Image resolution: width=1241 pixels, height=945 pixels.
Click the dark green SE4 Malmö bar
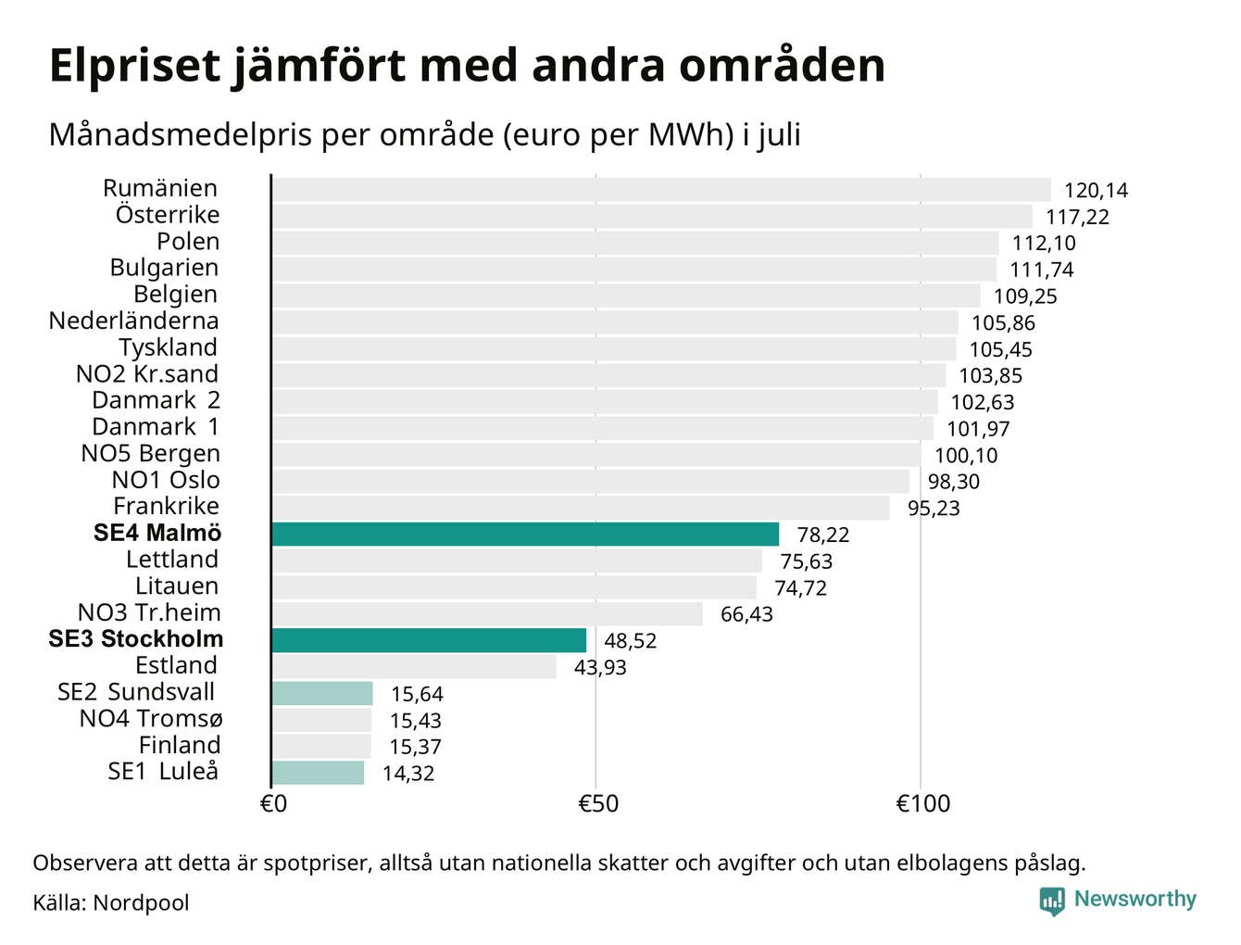[x=525, y=534]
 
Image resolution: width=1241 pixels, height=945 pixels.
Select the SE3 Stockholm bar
[x=429, y=640]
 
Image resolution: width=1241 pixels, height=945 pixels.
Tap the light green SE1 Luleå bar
[x=318, y=773]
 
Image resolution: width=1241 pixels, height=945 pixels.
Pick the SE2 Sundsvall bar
[x=322, y=693]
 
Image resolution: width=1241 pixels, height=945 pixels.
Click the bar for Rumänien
[x=661, y=189]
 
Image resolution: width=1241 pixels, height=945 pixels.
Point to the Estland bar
[x=414, y=667]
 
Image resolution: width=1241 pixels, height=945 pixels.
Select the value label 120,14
[x=1096, y=191]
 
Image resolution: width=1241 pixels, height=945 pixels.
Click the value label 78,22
[x=822, y=535]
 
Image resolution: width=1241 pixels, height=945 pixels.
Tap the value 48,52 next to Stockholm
[x=630, y=641]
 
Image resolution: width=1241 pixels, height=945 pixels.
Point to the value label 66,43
[x=746, y=614]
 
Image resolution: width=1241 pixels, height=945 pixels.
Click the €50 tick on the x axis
[x=597, y=803]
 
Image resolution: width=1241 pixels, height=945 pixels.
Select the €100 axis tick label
[x=923, y=803]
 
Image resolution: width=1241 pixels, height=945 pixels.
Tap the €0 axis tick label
[x=273, y=803]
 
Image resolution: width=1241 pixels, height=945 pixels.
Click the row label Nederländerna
[x=133, y=321]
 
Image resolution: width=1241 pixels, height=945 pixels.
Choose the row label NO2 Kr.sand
[x=147, y=373]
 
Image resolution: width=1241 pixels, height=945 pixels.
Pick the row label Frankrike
[x=166, y=506]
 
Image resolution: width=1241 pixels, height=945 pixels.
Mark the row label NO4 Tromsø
[x=150, y=719]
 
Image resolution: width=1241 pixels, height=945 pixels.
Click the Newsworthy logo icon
[x=1051, y=901]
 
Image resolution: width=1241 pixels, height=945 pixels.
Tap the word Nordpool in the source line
[x=141, y=903]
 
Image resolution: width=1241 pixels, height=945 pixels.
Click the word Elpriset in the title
[x=134, y=66]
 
